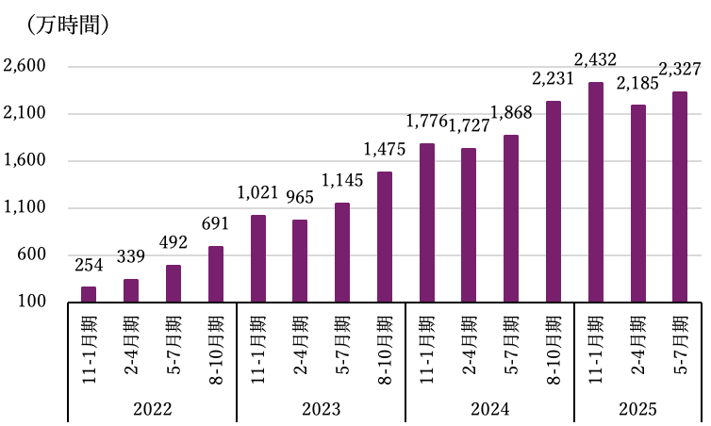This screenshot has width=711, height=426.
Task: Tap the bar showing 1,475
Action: [384, 237]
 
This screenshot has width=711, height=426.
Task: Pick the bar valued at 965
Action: [300, 261]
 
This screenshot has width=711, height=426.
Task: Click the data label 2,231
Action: [554, 80]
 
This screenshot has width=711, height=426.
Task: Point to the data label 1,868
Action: [511, 114]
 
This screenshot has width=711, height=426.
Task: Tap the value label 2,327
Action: [679, 71]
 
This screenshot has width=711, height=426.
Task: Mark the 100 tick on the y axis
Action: [31, 303]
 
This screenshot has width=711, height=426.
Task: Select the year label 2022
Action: [152, 409]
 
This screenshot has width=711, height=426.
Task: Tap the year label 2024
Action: [489, 409]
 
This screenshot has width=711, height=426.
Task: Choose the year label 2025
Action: [637, 409]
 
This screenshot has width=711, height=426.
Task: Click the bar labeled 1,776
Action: [426, 223]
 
